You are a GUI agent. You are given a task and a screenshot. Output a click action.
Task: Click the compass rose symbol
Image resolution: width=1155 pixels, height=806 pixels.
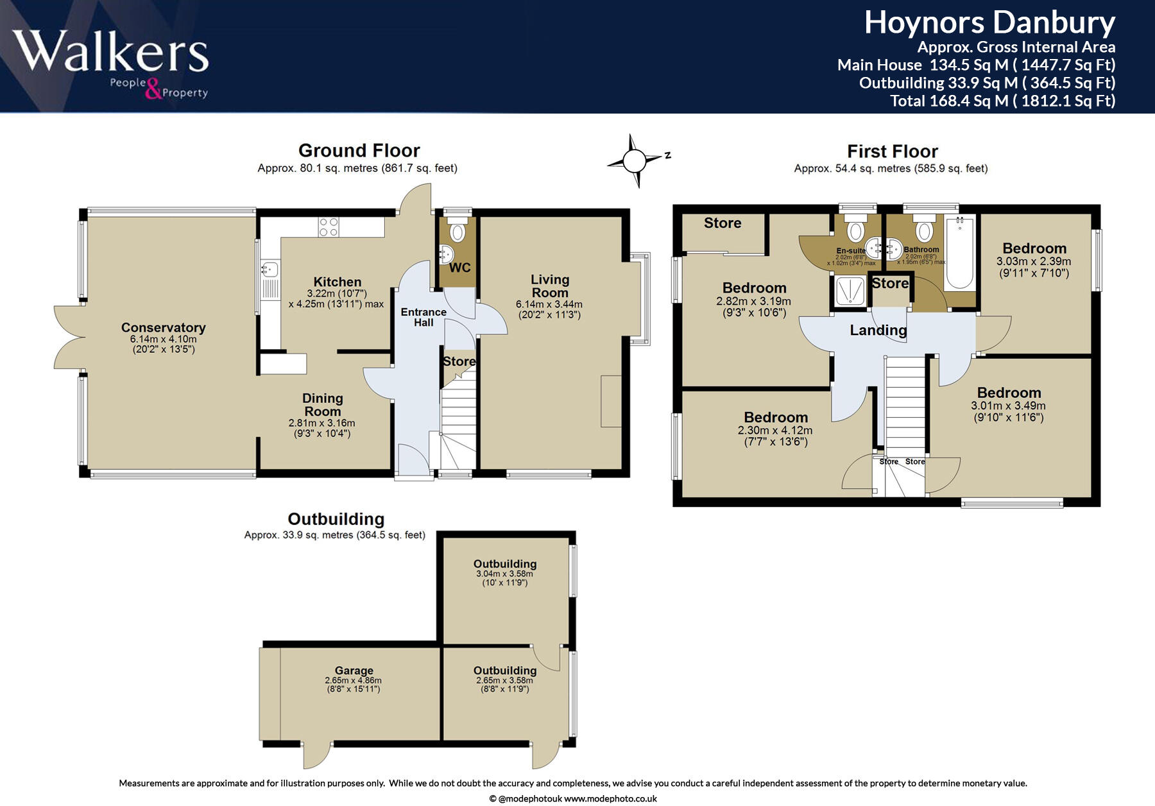[635, 160]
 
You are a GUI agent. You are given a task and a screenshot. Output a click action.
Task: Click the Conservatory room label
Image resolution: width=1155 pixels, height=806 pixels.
[163, 327]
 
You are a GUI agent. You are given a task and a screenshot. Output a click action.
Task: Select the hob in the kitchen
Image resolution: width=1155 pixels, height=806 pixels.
[329, 227]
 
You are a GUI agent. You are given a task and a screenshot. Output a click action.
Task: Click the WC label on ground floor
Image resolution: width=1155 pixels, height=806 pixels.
[459, 268]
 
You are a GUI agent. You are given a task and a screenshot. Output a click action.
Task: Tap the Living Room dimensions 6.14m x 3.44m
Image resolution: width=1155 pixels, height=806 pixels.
[549, 304]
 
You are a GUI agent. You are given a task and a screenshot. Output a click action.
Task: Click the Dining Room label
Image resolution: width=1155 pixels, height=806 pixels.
[322, 405]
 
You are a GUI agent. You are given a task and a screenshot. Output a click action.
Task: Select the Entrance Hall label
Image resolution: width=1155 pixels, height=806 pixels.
[424, 317]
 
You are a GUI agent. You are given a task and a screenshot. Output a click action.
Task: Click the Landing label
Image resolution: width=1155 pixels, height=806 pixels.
[878, 330]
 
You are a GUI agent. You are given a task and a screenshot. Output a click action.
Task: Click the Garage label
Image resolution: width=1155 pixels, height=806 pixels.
[354, 671]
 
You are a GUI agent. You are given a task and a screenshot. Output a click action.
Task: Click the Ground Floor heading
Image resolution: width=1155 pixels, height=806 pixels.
[359, 151]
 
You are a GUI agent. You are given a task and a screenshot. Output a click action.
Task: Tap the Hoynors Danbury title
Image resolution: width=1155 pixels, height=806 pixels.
[989, 23]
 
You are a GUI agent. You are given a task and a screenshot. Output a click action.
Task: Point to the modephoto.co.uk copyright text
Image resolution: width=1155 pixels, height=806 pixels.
[572, 798]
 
